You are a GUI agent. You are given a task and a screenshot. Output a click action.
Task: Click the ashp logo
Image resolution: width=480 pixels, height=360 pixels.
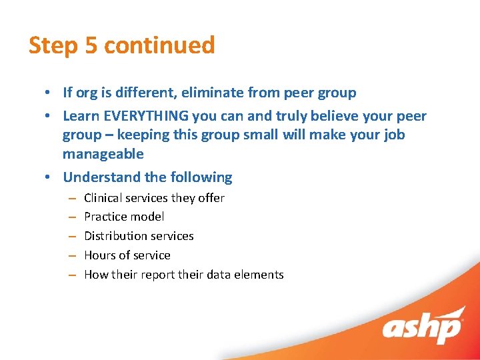pos(422,327)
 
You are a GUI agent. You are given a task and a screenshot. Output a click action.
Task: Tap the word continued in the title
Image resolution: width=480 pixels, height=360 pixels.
pos(159,45)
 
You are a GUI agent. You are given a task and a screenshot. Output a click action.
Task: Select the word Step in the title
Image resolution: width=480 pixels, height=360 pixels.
pos(53,45)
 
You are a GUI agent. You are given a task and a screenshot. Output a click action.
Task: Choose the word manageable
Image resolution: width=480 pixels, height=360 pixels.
pos(103,154)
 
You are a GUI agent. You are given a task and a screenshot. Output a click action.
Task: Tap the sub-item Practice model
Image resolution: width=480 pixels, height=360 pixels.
pos(124,217)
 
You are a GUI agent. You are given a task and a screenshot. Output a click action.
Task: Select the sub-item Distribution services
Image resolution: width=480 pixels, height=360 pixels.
pos(139,236)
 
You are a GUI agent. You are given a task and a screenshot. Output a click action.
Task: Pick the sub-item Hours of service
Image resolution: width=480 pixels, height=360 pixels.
pos(127,255)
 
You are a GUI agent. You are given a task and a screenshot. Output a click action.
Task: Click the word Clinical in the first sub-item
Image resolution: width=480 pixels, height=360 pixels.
pos(103,198)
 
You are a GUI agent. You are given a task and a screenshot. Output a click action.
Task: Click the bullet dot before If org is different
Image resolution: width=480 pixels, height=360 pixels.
pos(51,93)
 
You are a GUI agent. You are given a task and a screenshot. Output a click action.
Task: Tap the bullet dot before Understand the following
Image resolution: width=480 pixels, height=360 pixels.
pos(51,178)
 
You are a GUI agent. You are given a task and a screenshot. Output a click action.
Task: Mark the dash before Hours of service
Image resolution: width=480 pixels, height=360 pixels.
pos(71,255)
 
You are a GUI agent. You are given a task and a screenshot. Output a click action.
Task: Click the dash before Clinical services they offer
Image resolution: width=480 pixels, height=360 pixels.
pos(71,198)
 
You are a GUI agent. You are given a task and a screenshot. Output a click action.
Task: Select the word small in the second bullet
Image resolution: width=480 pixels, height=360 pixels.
pos(275,135)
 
